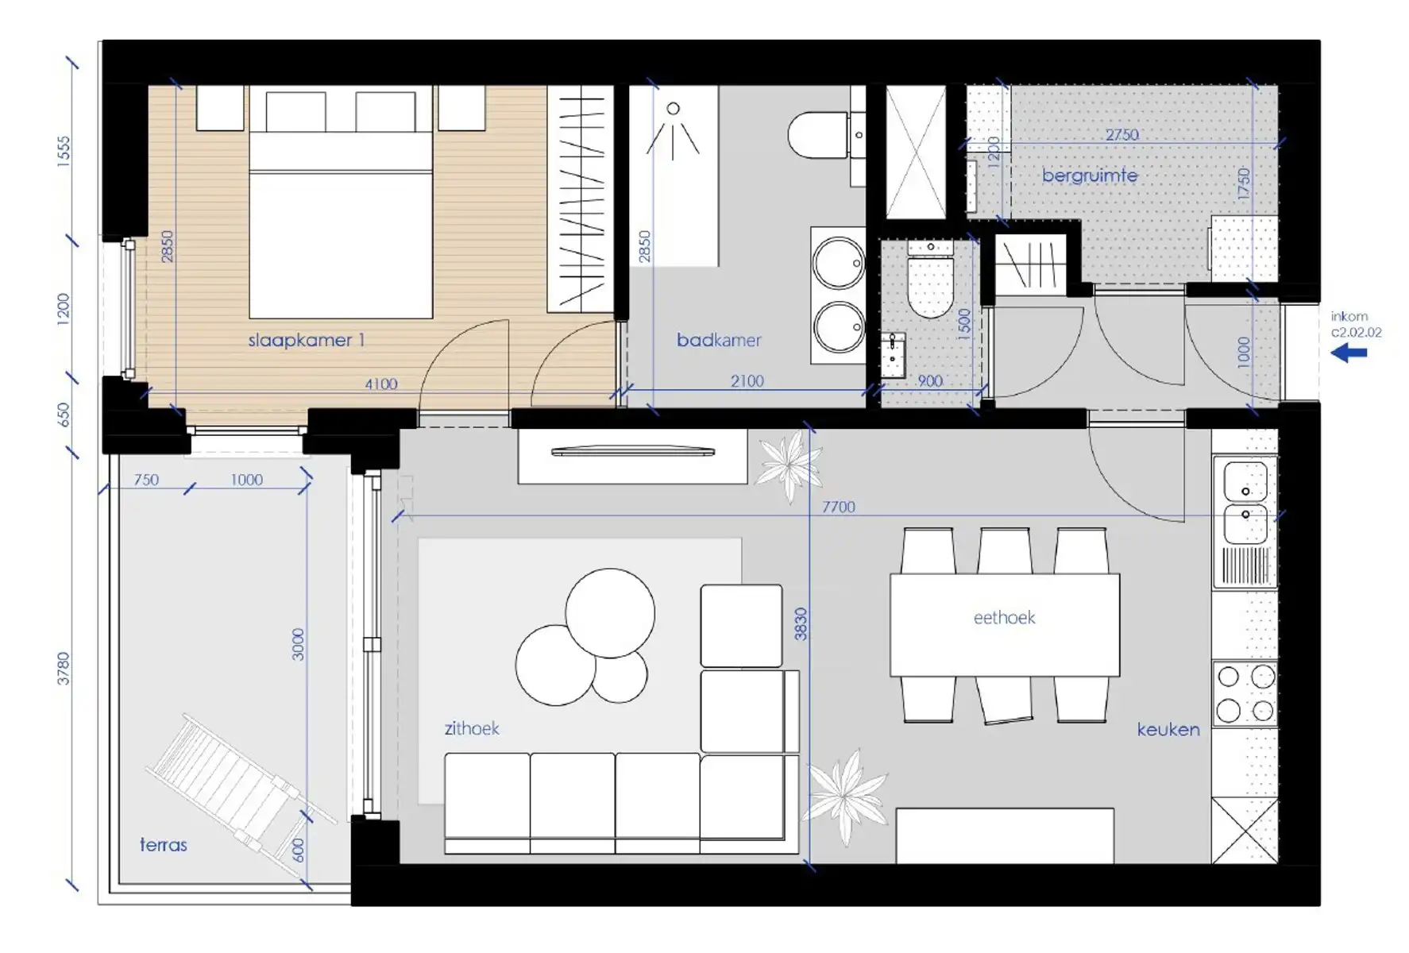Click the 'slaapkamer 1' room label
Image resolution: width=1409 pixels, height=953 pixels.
pyautogui.click(x=306, y=341)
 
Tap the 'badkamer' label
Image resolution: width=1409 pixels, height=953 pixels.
pyautogui.click(x=719, y=341)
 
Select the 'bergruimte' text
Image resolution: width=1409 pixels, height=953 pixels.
pyautogui.click(x=1090, y=176)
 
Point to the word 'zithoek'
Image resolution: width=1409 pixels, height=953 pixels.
pyautogui.click(x=472, y=728)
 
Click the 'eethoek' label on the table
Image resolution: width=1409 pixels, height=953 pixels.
pyautogui.click(x=1005, y=618)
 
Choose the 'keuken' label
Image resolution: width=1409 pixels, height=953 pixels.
pyautogui.click(x=1168, y=729)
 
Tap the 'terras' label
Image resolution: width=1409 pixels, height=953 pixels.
pyautogui.click(x=164, y=845)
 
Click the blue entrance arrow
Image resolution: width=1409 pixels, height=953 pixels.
pyautogui.click(x=1349, y=353)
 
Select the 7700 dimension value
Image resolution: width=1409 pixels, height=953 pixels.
pyautogui.click(x=839, y=507)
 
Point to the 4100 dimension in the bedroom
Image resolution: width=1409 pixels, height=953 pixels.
pyautogui.click(x=381, y=384)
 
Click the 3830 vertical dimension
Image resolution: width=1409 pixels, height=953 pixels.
pyautogui.click(x=801, y=624)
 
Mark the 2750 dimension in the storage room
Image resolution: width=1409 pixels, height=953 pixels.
pyautogui.click(x=1122, y=135)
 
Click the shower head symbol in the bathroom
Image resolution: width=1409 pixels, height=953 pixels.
pyautogui.click(x=673, y=127)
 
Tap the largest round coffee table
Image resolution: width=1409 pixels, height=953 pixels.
pyautogui.click(x=610, y=613)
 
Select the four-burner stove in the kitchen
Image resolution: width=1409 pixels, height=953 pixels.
pyautogui.click(x=1245, y=693)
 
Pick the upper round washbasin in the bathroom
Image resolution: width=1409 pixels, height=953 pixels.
pyautogui.click(x=839, y=264)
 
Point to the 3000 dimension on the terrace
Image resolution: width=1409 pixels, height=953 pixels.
pyautogui.click(x=298, y=644)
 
